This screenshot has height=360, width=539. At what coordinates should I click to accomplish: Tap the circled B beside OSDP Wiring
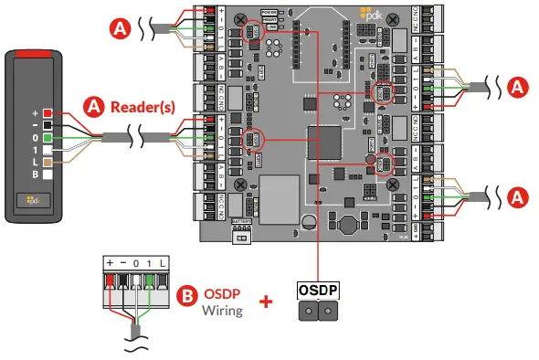pyautogui.click(x=186, y=297)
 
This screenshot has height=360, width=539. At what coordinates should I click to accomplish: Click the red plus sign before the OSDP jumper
pyautogui.click(x=266, y=301)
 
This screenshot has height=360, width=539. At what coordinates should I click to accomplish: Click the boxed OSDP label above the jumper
pyautogui.click(x=317, y=290)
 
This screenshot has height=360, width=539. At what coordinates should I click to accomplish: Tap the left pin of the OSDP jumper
pyautogui.click(x=310, y=312)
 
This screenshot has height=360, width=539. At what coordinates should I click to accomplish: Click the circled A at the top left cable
pyautogui.click(x=118, y=27)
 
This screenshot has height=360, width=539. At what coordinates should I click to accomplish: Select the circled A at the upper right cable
pyautogui.click(x=518, y=87)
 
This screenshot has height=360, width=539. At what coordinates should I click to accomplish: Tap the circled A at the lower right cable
pyautogui.click(x=518, y=196)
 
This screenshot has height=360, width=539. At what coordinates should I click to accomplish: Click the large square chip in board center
pyautogui.click(x=324, y=143)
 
